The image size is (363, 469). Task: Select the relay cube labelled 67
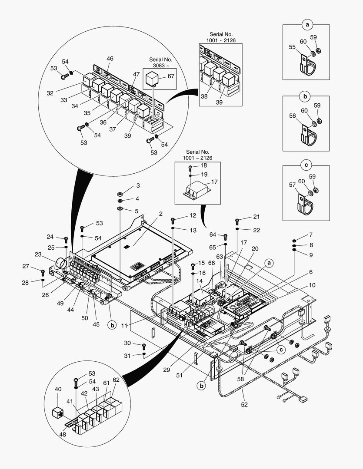155,78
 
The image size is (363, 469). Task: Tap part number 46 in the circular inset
110,58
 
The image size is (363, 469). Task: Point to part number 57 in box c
292,185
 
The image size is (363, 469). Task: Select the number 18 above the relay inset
204,165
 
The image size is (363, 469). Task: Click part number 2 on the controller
160,214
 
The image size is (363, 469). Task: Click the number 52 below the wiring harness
244,405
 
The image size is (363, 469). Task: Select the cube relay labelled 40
57,413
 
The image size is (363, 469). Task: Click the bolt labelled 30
144,346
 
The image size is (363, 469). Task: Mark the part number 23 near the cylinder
38,255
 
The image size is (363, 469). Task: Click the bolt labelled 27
43,273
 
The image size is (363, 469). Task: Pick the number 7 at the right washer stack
311,234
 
